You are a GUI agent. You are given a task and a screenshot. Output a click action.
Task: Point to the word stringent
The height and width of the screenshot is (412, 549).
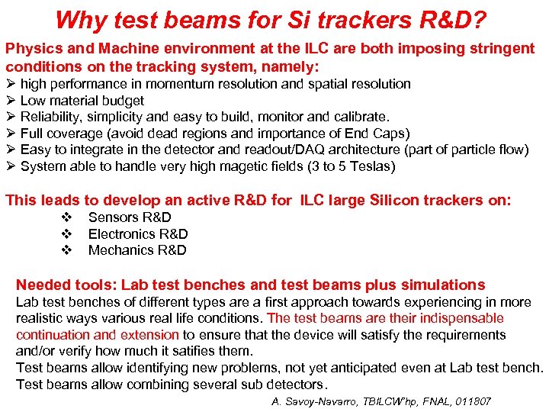click(x=505, y=49)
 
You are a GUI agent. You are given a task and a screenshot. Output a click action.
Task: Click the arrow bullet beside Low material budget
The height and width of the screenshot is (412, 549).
click(x=11, y=101)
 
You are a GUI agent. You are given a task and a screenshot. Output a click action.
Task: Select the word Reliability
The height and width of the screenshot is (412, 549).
click(x=51, y=117)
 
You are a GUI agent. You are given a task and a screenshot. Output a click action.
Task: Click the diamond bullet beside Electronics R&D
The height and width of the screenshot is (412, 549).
click(x=66, y=234)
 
